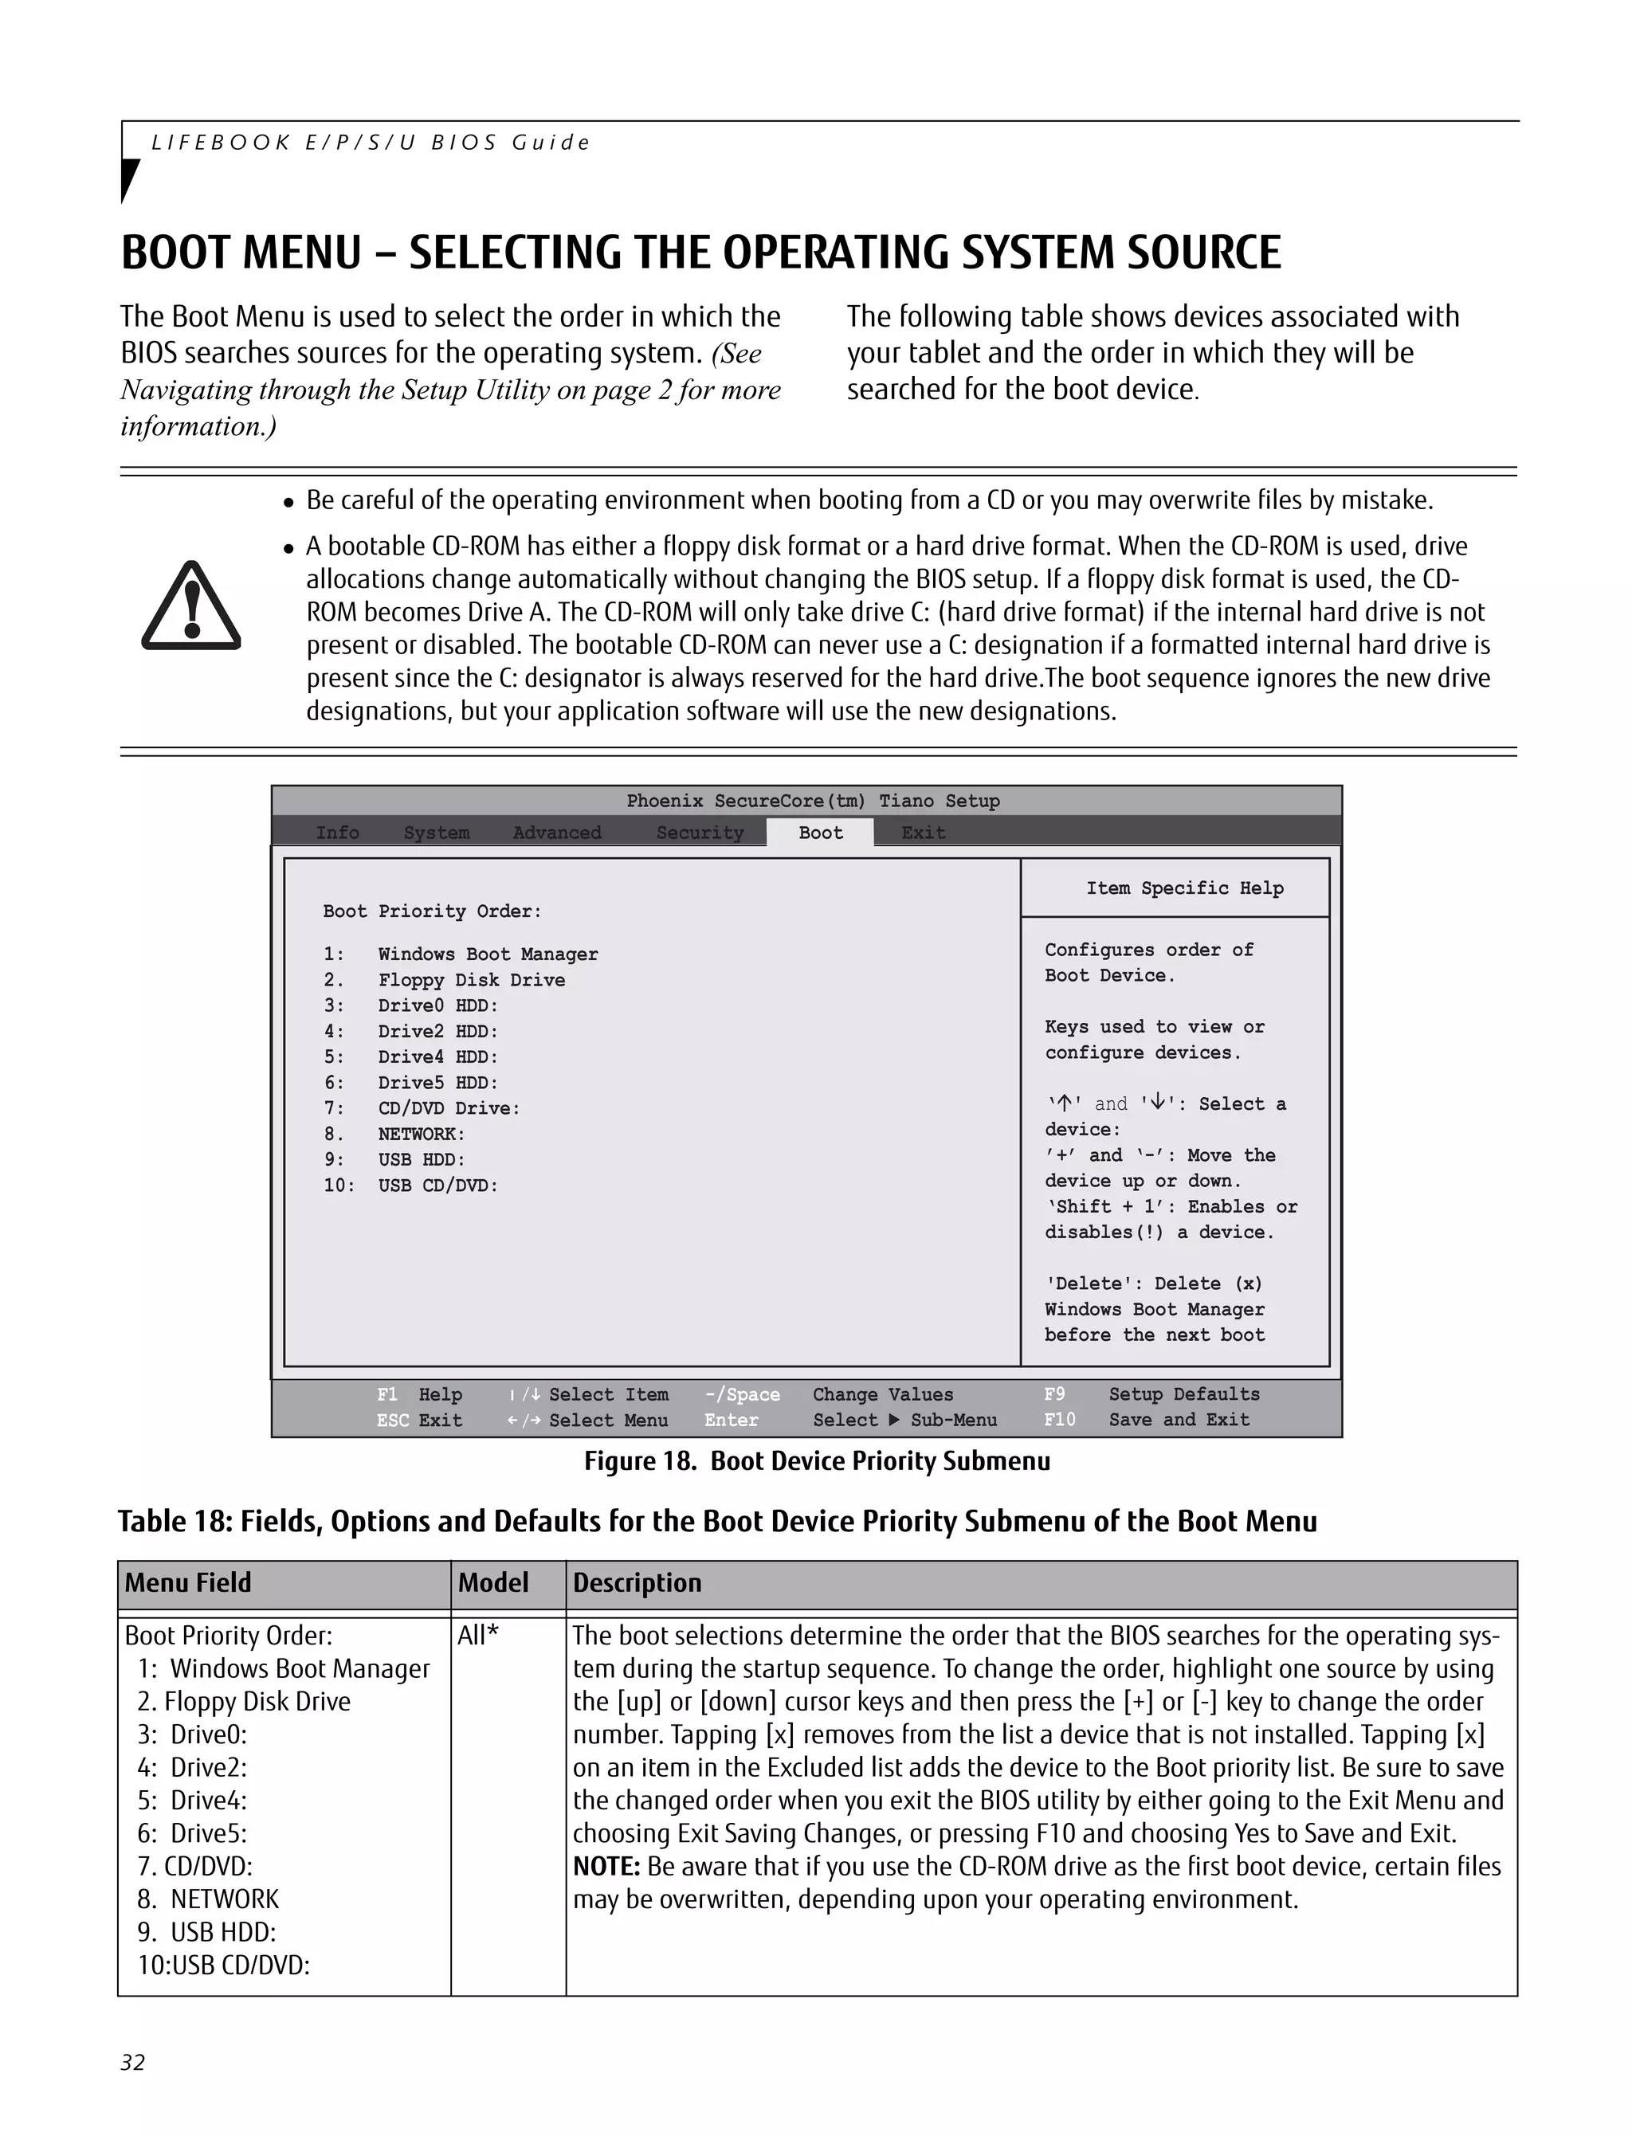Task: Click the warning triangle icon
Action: tap(190, 607)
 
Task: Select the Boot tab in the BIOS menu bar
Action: tap(820, 833)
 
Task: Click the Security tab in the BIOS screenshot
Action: tap(700, 833)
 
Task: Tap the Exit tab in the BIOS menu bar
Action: tap(923, 833)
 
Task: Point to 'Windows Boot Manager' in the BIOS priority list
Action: tap(488, 954)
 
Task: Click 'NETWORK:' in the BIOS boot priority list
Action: tap(421, 1134)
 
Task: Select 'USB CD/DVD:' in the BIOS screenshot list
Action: tap(437, 1185)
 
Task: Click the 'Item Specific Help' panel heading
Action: tap(1184, 888)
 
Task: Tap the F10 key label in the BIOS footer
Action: tap(1059, 1419)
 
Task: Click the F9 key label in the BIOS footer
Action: tap(1054, 1394)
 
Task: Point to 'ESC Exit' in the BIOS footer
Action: tap(418, 1419)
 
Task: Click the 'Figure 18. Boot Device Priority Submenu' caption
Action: tap(816, 1461)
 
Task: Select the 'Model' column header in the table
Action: tap(492, 1582)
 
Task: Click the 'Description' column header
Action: tap(636, 1582)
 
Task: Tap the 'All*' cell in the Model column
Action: tap(477, 1636)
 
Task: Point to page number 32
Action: tap(132, 2062)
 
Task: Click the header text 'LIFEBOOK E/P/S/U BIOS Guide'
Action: tap(370, 143)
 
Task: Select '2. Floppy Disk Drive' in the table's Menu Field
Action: tap(243, 1702)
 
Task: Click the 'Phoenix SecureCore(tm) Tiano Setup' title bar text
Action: tap(812, 801)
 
